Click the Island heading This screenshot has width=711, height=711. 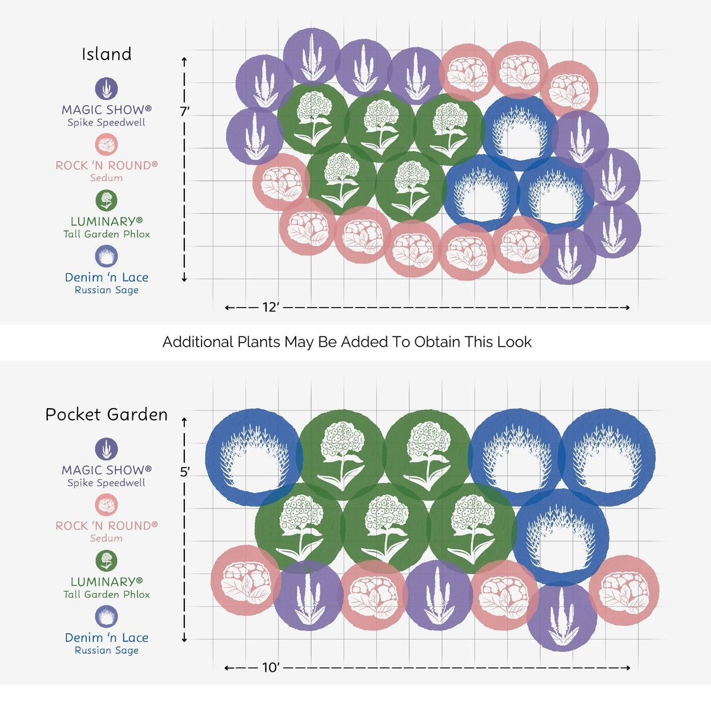click(106, 55)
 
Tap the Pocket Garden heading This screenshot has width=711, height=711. click(106, 415)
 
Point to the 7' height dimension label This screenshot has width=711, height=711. click(185, 111)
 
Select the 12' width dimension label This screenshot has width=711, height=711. click(270, 307)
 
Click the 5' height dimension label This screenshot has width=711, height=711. click(185, 472)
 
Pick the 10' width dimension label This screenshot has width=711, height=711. click(270, 668)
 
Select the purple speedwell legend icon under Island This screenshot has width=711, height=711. click(106, 88)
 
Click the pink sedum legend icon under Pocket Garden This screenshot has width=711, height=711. click(106, 505)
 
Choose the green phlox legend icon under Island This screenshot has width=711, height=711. click(106, 200)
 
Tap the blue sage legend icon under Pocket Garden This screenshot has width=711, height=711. click(106, 617)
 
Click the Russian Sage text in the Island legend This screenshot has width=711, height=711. click(106, 290)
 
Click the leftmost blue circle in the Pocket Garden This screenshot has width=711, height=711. click(254, 457)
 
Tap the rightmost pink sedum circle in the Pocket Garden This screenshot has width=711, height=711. click(624, 590)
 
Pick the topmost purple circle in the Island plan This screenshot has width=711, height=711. click(312, 56)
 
